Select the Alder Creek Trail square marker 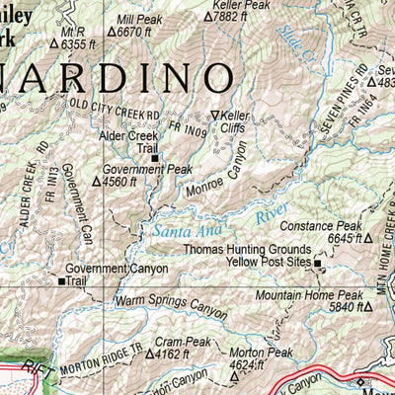[x=154, y=156]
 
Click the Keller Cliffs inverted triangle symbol [x=214, y=116]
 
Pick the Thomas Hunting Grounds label [x=247, y=251]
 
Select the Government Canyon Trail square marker [x=62, y=281]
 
